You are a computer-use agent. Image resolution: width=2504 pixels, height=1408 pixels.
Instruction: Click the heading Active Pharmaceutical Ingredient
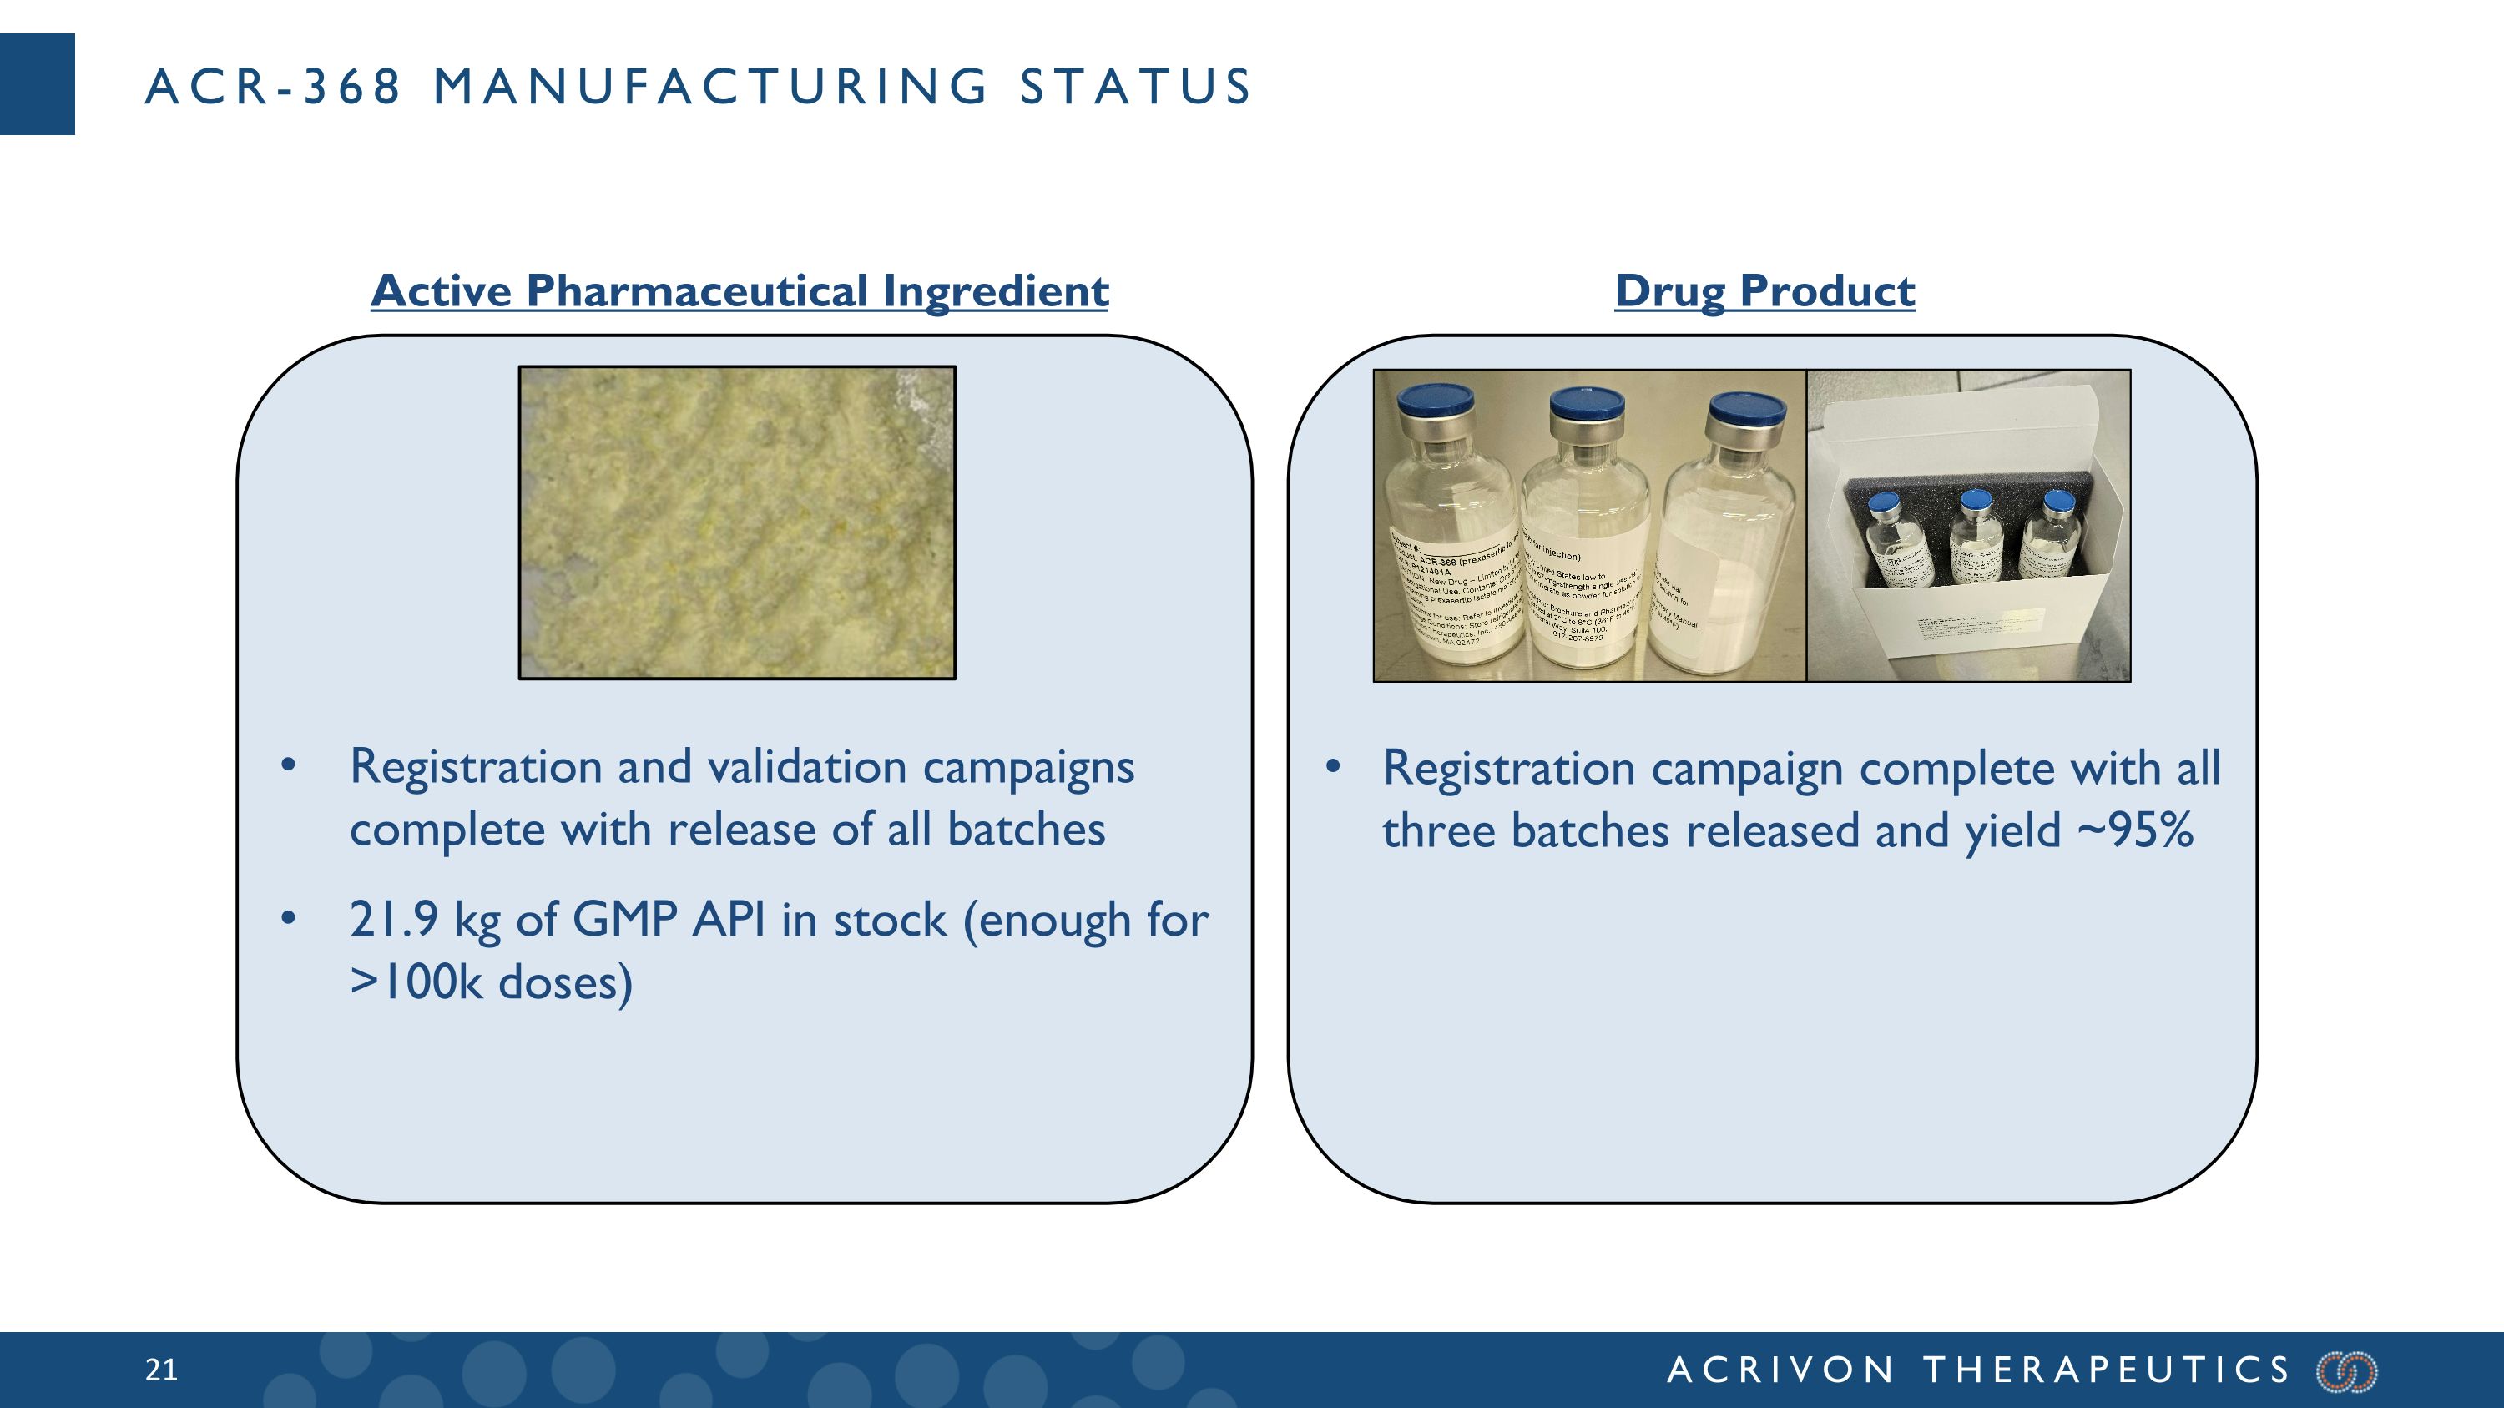click(739, 290)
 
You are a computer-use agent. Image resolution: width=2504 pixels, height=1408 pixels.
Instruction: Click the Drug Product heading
click(1764, 290)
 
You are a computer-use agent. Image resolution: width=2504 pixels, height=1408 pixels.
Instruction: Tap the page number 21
click(161, 1370)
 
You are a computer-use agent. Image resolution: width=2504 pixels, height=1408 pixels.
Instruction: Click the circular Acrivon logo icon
click(2347, 1371)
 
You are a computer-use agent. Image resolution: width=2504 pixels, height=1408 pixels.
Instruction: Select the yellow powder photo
click(737, 522)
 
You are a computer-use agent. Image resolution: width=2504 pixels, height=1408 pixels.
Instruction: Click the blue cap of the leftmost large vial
click(1436, 401)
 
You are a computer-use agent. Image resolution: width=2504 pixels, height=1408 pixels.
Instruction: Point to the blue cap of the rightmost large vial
click(1747, 410)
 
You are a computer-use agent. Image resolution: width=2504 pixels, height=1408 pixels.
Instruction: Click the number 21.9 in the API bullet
click(394, 919)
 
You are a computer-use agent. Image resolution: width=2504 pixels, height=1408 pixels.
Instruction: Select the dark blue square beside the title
click(37, 84)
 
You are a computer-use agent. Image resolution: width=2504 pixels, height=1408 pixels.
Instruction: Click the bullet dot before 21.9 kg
click(288, 918)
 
